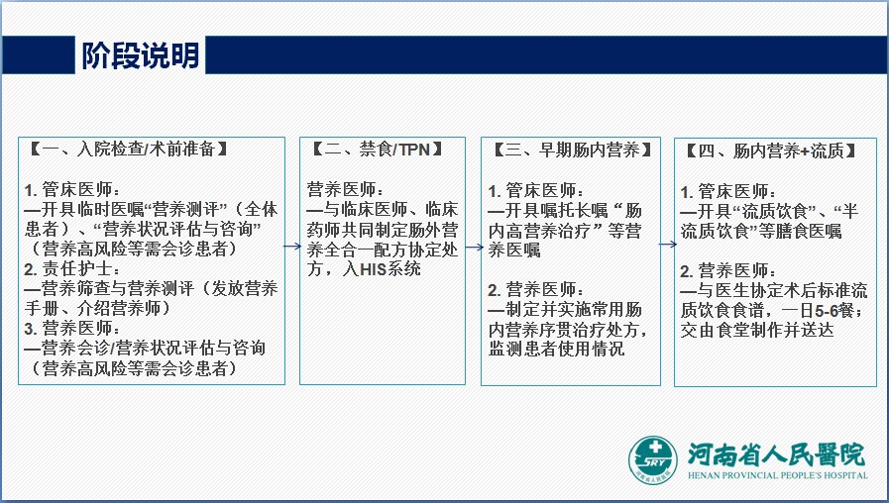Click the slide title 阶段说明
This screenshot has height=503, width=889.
tap(141, 55)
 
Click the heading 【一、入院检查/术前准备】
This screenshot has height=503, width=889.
tap(128, 149)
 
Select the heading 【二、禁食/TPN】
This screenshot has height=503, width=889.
tap(378, 149)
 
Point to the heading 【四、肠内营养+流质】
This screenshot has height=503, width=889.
tap(771, 151)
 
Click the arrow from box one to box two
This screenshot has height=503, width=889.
tap(292, 246)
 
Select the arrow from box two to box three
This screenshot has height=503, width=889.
tap(474, 247)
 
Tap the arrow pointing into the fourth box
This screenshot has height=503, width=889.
tap(668, 245)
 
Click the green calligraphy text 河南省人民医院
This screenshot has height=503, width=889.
tap(776, 454)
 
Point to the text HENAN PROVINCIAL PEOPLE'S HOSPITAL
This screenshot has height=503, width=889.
tap(777, 476)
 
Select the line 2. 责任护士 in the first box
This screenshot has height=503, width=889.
tap(71, 269)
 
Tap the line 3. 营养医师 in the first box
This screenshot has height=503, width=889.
tap(71, 329)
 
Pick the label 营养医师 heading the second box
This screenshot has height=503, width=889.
tap(345, 189)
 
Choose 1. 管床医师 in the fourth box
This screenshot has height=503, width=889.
tap(727, 191)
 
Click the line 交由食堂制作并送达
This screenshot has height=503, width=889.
tap(757, 331)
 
